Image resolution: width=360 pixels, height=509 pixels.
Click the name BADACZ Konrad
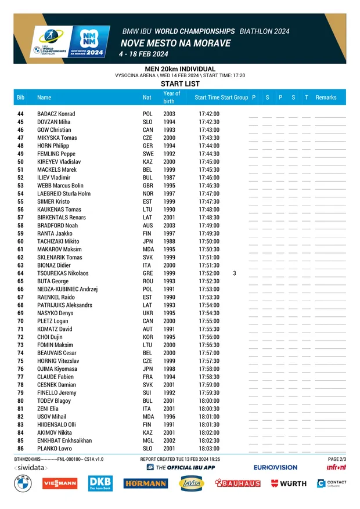[x=56, y=114]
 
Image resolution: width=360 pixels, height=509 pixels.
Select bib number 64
[x=21, y=273]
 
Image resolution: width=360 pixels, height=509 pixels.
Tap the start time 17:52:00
[x=209, y=273]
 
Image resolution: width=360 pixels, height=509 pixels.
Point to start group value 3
[x=234, y=273]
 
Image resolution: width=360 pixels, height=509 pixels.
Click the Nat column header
[x=147, y=98]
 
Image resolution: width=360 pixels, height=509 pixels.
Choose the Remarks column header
[x=326, y=98]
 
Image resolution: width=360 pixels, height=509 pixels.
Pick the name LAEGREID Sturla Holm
[x=64, y=194]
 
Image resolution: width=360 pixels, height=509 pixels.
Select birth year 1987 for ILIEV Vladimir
[x=169, y=178]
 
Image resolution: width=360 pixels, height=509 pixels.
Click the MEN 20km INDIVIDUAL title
[x=180, y=69]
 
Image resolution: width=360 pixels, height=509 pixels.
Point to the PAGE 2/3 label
[x=337, y=459]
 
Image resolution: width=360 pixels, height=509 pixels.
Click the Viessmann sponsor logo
[x=60, y=483]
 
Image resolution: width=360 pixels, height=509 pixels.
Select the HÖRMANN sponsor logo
[x=145, y=483]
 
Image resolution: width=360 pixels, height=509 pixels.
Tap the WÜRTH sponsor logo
[x=289, y=483]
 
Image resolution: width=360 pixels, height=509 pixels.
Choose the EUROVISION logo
[x=275, y=467]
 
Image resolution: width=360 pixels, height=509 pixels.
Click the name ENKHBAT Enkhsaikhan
[x=64, y=441]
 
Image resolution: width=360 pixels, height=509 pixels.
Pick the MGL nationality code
[x=148, y=441]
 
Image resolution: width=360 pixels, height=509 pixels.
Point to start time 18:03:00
[x=209, y=449]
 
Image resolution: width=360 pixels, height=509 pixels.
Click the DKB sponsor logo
[x=100, y=483]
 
